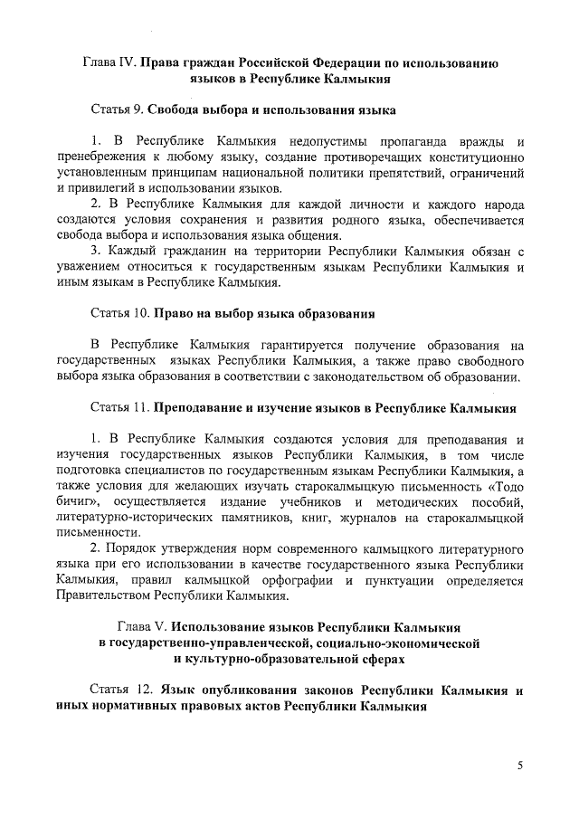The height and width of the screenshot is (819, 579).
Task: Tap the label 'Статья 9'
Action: pyautogui.click(x=117, y=110)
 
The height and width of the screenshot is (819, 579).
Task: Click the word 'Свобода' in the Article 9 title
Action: pyautogui.click(x=176, y=110)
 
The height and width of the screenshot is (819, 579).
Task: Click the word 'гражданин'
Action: pyautogui.click(x=195, y=250)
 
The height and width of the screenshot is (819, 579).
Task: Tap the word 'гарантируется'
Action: pyautogui.click(x=301, y=345)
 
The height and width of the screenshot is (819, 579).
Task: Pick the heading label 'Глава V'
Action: pyautogui.click(x=142, y=626)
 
